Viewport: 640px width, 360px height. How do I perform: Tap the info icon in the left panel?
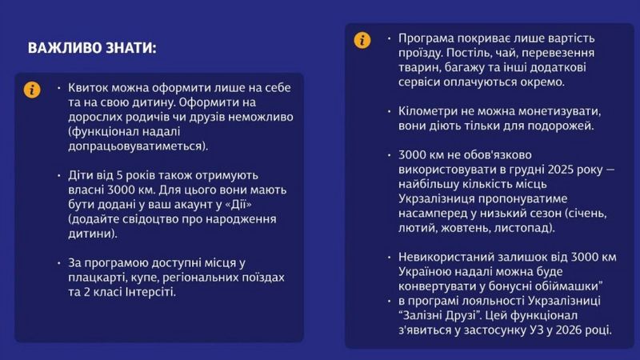click(x=31, y=90)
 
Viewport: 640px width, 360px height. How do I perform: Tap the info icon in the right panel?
click(x=362, y=40)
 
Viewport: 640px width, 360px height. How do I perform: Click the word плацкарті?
click(x=99, y=277)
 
